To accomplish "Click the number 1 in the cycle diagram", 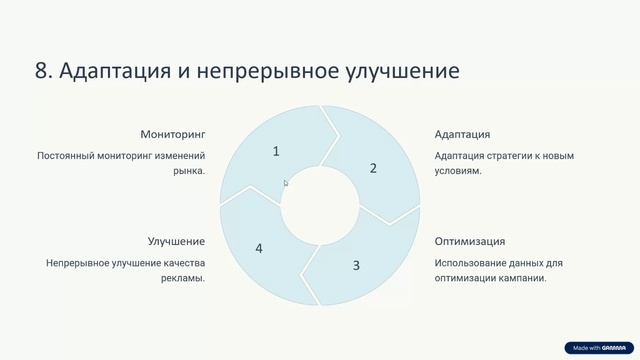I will (x=276, y=151).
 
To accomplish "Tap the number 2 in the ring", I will (x=373, y=168).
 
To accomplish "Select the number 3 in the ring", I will (x=356, y=265).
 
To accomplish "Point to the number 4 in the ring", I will (x=259, y=248).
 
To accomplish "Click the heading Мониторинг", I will (x=173, y=134).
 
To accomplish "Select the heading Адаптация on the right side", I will (x=462, y=134).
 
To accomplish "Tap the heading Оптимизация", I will (x=469, y=241).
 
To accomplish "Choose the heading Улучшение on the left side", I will (x=176, y=241).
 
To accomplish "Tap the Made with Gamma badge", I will (x=598, y=348).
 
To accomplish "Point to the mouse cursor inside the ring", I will (x=285, y=182).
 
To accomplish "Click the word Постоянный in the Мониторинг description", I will (x=67, y=156).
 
